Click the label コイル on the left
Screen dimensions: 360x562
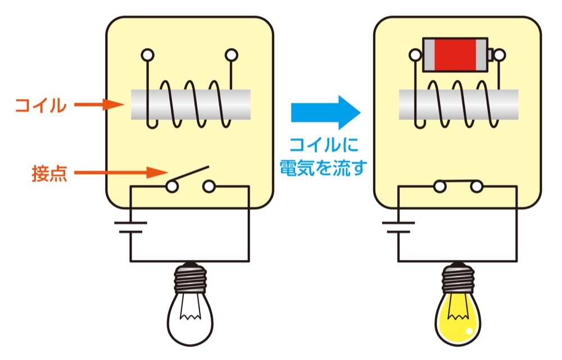coord(40,105)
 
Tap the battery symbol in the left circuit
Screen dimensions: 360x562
coord(131,227)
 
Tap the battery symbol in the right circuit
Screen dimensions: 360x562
coord(398,227)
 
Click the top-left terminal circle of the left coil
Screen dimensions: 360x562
coord(147,54)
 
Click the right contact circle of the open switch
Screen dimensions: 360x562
coord(209,186)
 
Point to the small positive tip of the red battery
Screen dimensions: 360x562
coord(491,54)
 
